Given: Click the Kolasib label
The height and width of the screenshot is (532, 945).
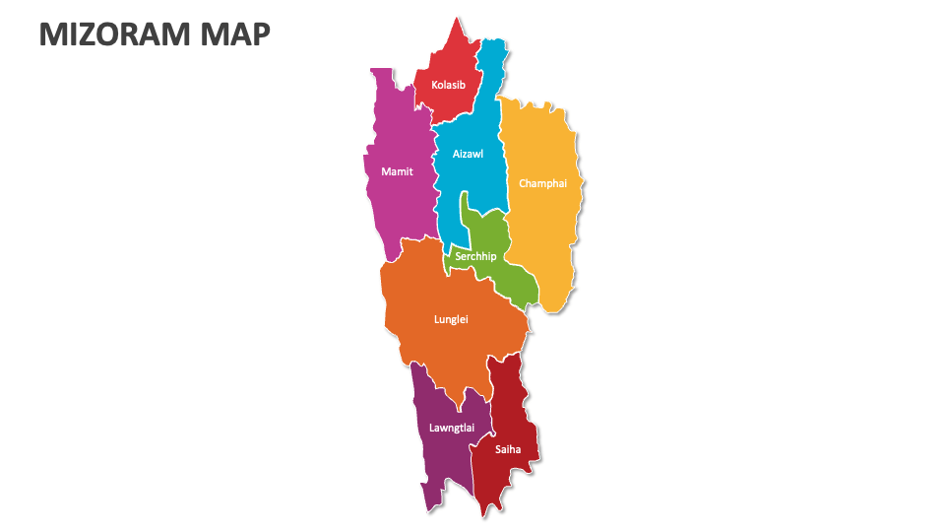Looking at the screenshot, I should pos(448,85).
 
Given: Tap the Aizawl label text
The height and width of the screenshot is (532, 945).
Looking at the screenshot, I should pos(468,154).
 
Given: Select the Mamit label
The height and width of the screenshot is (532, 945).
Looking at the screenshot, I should pos(397,171).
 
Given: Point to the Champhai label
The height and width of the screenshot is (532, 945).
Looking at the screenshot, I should pos(542,183).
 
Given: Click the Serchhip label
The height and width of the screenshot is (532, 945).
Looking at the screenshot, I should pos(475,256).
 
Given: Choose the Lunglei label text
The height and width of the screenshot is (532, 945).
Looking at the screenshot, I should pos(451,319).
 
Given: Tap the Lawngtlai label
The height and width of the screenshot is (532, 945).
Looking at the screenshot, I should pos(452,428).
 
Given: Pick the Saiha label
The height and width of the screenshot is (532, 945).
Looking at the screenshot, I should pos(508,449).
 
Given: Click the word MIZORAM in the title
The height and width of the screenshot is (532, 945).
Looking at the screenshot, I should pos(113,34).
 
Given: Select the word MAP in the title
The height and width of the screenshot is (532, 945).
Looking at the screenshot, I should pos(233,34).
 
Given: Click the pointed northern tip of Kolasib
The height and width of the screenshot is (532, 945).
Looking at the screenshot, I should pos(456,18).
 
